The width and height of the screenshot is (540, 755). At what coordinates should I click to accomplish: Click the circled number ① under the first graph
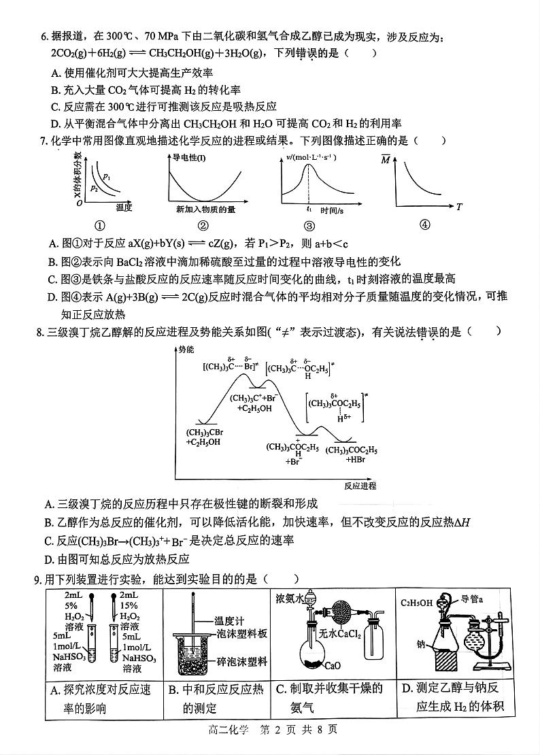100,224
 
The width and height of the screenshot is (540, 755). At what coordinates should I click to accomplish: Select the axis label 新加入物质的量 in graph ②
205,209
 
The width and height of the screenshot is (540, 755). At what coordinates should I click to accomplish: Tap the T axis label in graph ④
459,207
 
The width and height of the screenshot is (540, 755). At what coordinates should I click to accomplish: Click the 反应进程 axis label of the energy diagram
360,486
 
